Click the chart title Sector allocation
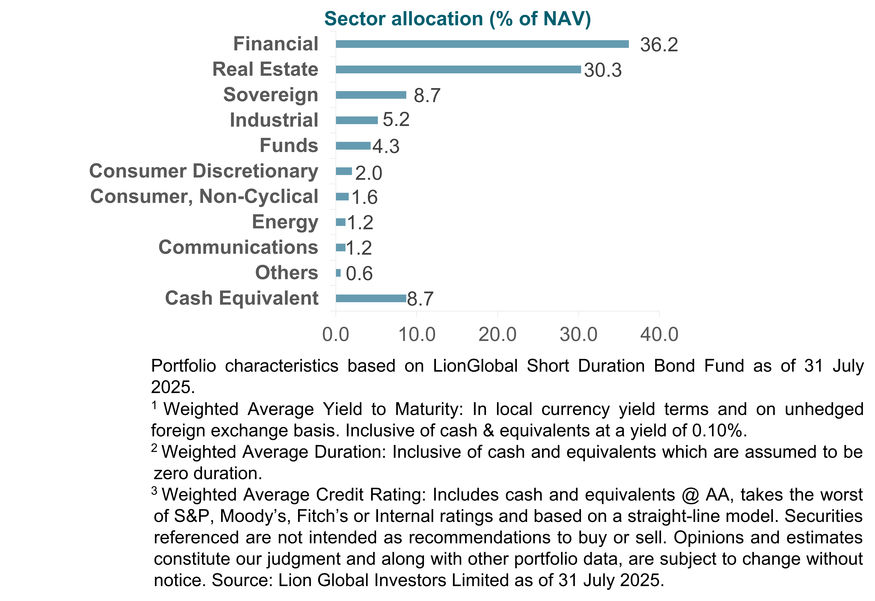pos(457,19)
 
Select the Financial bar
pos(482,44)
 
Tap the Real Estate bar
pos(458,69)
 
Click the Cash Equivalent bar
pos(371,298)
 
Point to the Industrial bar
pos(357,120)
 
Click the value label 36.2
pos(659,45)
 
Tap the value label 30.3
pos(603,70)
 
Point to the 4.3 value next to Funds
pos(386,146)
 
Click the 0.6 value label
pos(359,273)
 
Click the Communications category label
pos(238,247)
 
